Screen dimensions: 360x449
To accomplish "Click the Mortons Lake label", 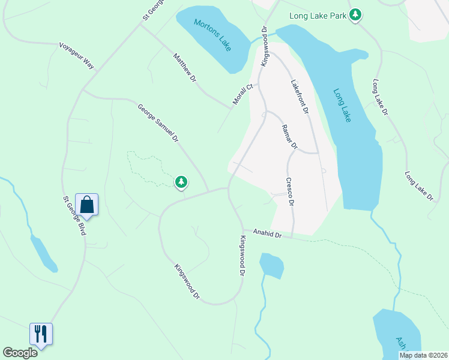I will coord(213,35).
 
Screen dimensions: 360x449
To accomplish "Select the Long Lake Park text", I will coord(318,16).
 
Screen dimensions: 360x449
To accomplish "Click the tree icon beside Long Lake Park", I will coord(356,14).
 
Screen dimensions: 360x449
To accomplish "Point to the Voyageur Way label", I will coord(77,55).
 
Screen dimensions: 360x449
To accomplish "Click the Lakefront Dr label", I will coord(299,97).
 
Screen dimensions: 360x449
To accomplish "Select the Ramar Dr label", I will coord(289,136).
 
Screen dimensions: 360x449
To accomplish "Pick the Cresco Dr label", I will coord(290,192).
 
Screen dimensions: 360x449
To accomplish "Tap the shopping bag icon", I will coord(87,205).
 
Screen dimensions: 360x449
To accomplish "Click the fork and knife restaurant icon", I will coord(41,334).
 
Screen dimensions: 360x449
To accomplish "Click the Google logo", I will coord(20,353).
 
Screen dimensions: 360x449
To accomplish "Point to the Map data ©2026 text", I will coord(423,355).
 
